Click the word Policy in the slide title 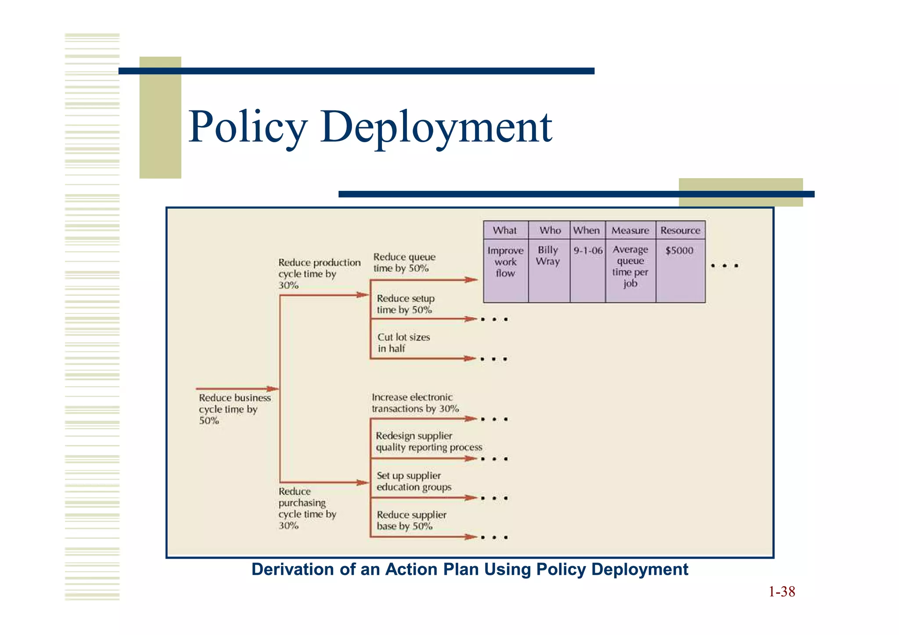point(248,127)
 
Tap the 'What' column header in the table point(505,230)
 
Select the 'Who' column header point(550,230)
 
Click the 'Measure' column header point(630,230)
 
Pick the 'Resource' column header point(680,230)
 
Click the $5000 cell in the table point(679,251)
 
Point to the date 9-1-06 point(588,251)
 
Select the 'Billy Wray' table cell point(548,255)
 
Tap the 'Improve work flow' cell point(505,262)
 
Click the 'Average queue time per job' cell point(630,266)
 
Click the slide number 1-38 point(782,592)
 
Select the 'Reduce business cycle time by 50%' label point(234,409)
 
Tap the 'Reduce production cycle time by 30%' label point(319,274)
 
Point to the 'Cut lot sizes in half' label point(403,343)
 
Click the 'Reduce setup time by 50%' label point(405,304)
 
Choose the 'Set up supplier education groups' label point(414,481)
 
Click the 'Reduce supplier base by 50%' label point(411,520)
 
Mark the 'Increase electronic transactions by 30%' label point(415,403)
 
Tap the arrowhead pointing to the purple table point(472,280)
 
